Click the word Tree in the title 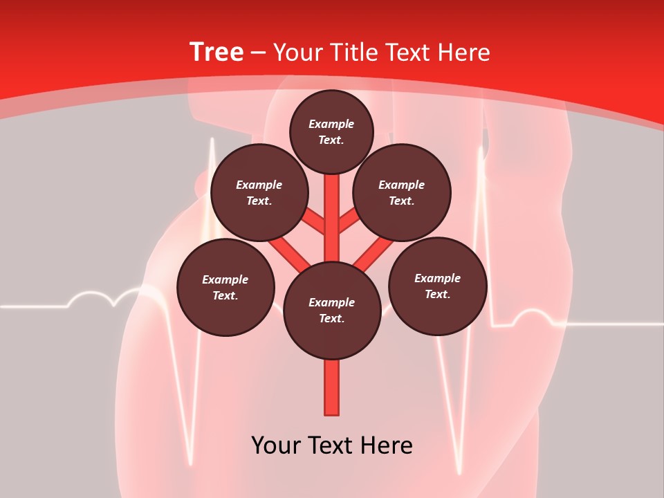tap(216, 53)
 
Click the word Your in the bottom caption tap(275, 445)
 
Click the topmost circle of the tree tap(331, 131)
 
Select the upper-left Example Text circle tap(259, 192)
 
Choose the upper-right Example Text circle tap(401, 192)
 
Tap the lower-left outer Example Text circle tap(225, 287)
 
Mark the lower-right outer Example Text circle tap(437, 286)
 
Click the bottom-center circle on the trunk tap(332, 311)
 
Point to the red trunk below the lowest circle tap(332, 387)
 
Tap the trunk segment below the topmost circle tap(332, 207)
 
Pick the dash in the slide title tap(259, 53)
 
